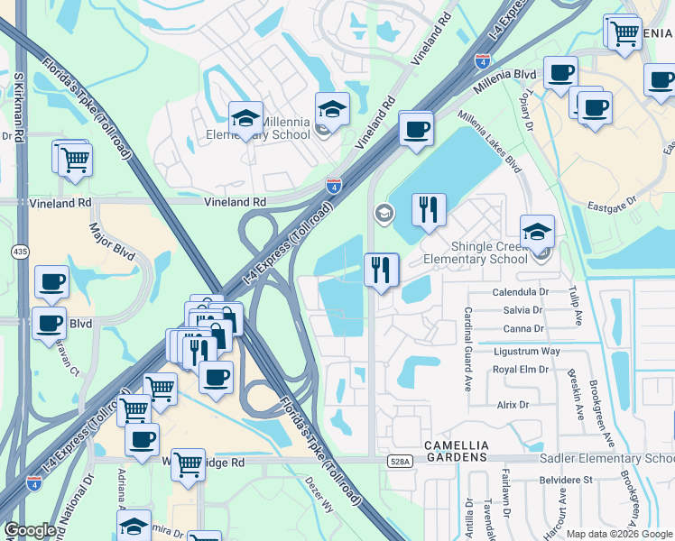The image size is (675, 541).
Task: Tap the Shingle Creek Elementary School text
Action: (x=476, y=253)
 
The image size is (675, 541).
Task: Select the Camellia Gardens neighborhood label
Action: (x=457, y=452)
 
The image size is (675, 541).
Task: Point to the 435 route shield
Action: (x=20, y=251)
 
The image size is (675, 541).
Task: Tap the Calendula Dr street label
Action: (x=521, y=293)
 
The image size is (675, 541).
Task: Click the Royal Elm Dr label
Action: (x=521, y=369)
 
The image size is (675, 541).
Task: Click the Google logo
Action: (x=30, y=531)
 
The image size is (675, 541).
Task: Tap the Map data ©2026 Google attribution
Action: (x=619, y=534)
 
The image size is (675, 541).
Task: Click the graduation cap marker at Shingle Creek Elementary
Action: (x=537, y=232)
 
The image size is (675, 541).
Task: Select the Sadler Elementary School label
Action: (x=606, y=459)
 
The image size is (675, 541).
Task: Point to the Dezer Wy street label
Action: (x=319, y=496)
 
